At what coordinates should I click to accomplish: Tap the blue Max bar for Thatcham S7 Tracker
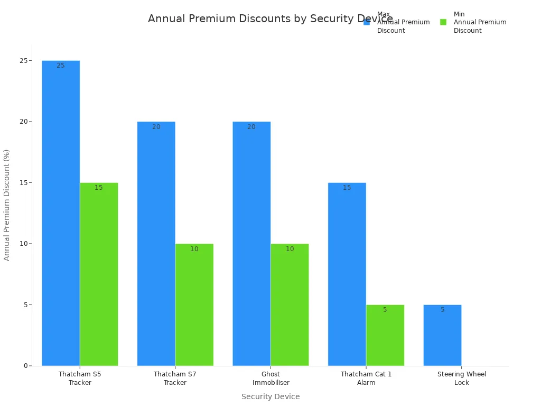tap(156, 244)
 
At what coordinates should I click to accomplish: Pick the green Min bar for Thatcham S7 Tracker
tap(194, 304)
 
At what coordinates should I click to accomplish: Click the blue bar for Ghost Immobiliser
tap(251, 244)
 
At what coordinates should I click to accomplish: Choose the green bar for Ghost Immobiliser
tap(290, 304)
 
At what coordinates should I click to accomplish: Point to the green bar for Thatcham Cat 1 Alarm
tap(385, 335)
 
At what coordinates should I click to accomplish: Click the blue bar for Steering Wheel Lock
tap(442, 335)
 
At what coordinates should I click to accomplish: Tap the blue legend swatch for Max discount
tap(367, 22)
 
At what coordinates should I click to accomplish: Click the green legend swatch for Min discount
tap(443, 22)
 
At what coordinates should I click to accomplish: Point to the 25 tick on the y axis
tap(23, 61)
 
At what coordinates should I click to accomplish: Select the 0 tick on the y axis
tap(25, 366)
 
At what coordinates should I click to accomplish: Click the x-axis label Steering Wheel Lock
tap(461, 378)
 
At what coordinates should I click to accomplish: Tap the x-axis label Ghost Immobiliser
tap(270, 378)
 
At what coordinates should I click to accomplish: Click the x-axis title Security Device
tap(270, 396)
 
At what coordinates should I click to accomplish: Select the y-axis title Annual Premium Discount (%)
tap(7, 205)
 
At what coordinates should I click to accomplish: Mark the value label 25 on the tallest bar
tap(61, 66)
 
